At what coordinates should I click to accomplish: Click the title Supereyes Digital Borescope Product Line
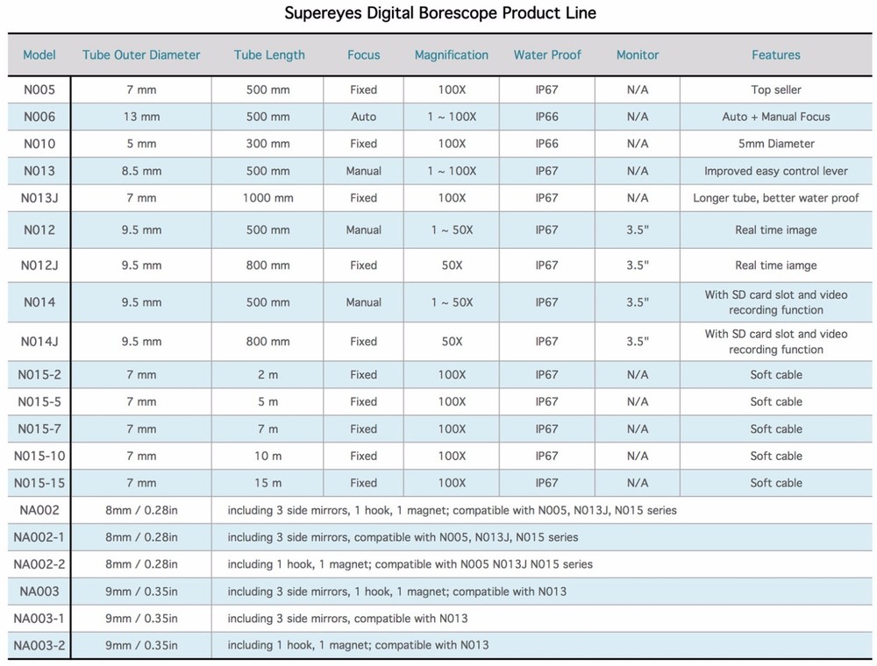pyautogui.click(x=440, y=13)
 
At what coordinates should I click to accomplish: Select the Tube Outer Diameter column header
pyautogui.click(x=141, y=54)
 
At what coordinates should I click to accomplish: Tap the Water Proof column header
pyautogui.click(x=547, y=54)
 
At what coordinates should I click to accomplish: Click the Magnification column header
pyautogui.click(x=452, y=54)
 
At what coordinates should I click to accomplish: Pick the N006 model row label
pyautogui.click(x=39, y=117)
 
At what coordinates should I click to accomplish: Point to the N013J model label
pyautogui.click(x=39, y=198)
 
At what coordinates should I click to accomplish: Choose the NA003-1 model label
pyautogui.click(x=39, y=619)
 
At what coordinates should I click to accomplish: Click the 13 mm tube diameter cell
pyautogui.click(x=141, y=117)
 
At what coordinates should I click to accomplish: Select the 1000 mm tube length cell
pyautogui.click(x=268, y=198)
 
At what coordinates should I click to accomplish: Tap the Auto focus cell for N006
pyautogui.click(x=363, y=117)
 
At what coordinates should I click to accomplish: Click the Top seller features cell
pyautogui.click(x=776, y=89)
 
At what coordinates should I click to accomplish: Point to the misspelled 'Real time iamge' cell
pyautogui.click(x=776, y=265)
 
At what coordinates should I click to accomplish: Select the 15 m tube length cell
pyautogui.click(x=268, y=483)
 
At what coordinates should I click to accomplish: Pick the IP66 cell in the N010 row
pyautogui.click(x=547, y=144)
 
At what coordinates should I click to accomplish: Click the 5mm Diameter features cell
pyautogui.click(x=776, y=144)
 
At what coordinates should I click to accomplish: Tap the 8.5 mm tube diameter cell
pyautogui.click(x=141, y=171)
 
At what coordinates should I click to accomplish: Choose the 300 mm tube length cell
pyautogui.click(x=268, y=144)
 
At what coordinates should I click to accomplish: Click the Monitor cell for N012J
pyautogui.click(x=638, y=265)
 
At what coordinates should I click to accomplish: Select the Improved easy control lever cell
pyautogui.click(x=776, y=171)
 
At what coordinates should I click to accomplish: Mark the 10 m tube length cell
pyautogui.click(x=268, y=456)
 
